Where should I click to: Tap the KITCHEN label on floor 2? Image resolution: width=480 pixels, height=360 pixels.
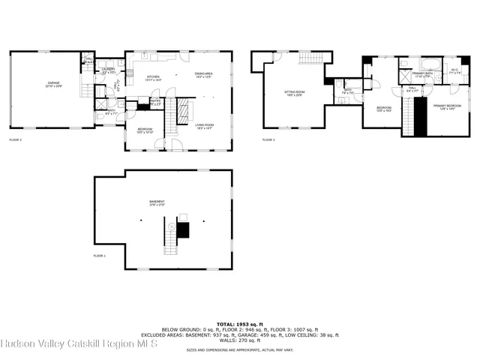click(153, 77)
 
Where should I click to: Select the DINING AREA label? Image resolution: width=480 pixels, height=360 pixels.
click(204, 75)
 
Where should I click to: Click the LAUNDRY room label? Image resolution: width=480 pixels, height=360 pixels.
click(108, 70)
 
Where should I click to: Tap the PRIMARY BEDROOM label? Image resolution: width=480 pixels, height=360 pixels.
click(447, 107)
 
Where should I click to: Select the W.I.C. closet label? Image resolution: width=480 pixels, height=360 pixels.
click(455, 72)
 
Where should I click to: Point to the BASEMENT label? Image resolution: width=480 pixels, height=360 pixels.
click(157, 202)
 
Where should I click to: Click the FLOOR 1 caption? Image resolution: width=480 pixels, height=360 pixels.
click(100, 256)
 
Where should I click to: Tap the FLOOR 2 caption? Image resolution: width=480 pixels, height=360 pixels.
click(16, 139)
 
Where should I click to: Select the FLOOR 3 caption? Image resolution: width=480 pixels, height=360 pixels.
click(268, 139)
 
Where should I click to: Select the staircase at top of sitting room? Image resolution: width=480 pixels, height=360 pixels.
click(310, 58)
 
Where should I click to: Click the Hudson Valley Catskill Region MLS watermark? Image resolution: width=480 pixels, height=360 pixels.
click(78, 344)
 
